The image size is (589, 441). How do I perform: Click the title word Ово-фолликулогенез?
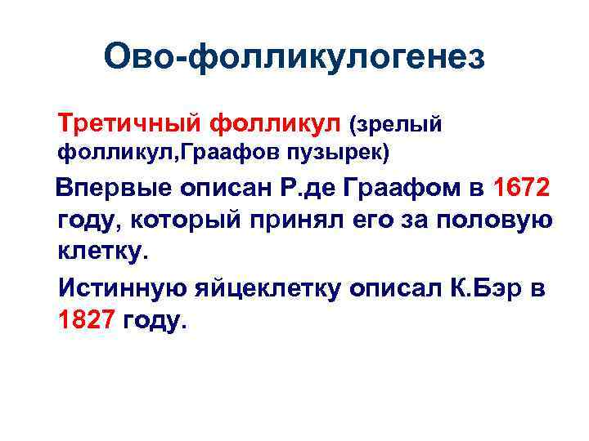coord(294,58)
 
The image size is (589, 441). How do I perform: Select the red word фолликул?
coord(273,124)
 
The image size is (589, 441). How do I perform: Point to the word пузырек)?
coord(335,153)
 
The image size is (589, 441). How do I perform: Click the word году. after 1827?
coord(155,321)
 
